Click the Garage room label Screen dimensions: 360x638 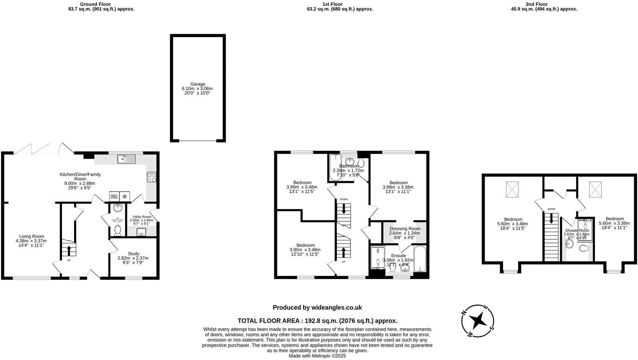click(x=198, y=84)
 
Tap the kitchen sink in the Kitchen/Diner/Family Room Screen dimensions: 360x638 click(x=126, y=159)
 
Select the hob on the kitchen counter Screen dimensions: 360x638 click(x=151, y=177)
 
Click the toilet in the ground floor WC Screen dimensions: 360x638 click(x=117, y=230)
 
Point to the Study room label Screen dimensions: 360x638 click(x=134, y=254)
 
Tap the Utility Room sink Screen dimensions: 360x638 click(x=141, y=232)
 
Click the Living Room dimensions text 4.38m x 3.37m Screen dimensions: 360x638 click(x=31, y=241)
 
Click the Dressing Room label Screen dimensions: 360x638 click(x=405, y=229)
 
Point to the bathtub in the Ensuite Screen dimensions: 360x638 click(x=420, y=259)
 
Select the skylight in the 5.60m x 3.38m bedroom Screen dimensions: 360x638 click(x=595, y=190)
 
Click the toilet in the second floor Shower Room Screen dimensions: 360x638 click(x=583, y=248)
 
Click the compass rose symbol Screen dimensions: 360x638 click(x=478, y=321)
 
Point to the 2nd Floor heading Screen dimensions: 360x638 click(x=537, y=4)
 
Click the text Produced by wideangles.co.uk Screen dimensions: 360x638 click(x=317, y=308)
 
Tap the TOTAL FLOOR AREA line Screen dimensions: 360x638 click(x=317, y=321)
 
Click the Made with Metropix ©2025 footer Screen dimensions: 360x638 click(x=317, y=356)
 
